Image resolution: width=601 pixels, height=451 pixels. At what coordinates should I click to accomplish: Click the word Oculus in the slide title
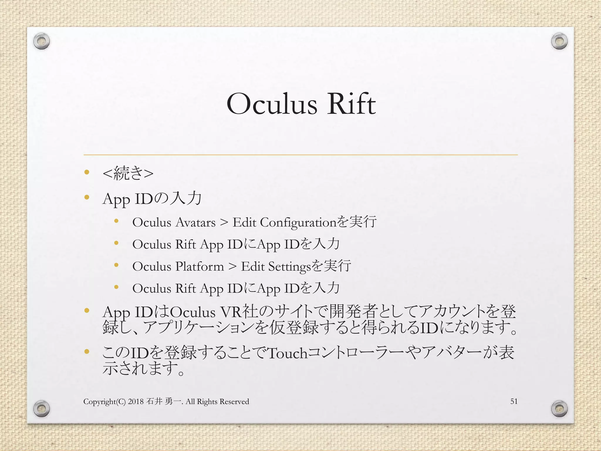pos(272,104)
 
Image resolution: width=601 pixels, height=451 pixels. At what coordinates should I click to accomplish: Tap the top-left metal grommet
pos(41,42)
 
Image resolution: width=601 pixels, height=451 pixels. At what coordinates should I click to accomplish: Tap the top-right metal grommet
pos(559,41)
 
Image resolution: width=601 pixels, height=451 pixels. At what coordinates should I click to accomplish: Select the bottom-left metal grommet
pos(41,408)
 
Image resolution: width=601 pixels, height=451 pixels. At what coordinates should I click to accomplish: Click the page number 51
pos(514,401)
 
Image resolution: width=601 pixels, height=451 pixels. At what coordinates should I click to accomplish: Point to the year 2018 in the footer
pos(136,402)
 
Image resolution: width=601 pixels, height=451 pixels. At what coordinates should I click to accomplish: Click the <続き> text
pos(128,173)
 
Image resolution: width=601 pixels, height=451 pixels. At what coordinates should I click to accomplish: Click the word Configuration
pos(298,223)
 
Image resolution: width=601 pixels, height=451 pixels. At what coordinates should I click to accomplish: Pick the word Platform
pos(200,267)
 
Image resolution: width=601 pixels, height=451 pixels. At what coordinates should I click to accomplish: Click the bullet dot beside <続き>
pos(87,172)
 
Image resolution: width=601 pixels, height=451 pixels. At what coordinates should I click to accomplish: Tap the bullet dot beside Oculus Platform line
pos(116,265)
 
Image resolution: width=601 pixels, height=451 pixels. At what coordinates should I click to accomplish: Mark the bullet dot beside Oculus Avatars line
pos(116,221)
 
